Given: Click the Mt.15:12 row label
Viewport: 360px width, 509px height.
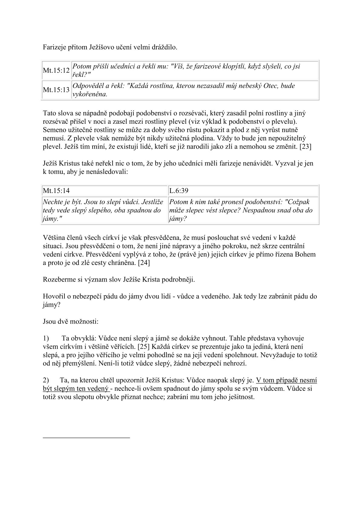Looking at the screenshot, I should pos(57,71).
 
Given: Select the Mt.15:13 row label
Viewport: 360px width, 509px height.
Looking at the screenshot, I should pos(57,90).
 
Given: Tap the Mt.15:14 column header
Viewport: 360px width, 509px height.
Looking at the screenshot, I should pos(57,191).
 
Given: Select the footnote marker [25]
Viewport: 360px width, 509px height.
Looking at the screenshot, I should pos(143,347).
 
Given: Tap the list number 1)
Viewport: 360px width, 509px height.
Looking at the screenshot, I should pos(46,338).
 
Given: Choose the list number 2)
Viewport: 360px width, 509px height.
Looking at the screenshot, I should pos(46,380).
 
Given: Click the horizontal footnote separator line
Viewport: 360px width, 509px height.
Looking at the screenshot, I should pos(87,437).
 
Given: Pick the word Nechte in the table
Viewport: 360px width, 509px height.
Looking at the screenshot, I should pos(52,202).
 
